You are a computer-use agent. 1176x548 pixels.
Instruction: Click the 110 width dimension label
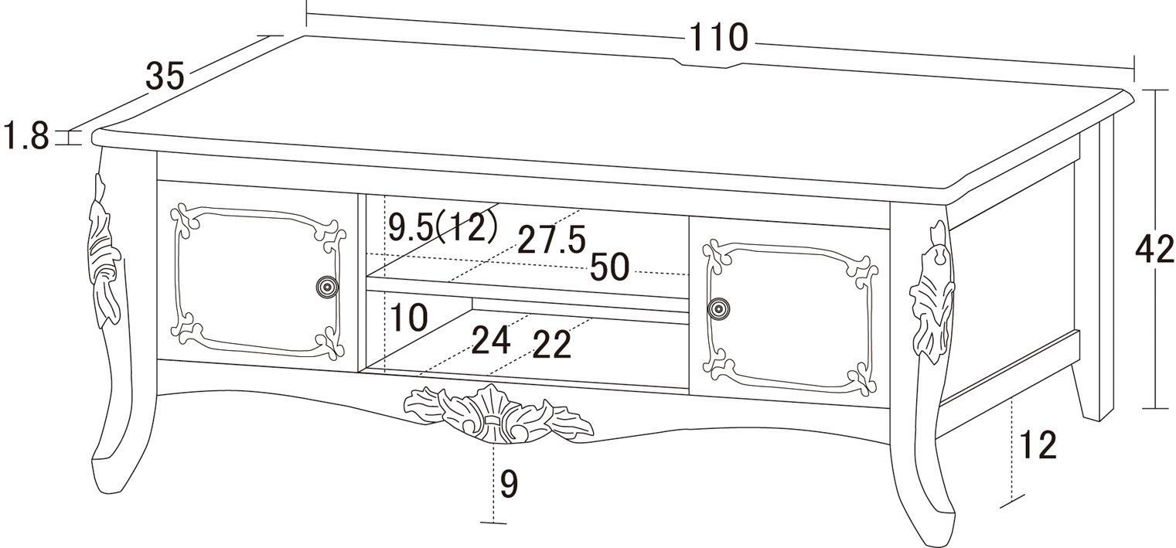(718, 38)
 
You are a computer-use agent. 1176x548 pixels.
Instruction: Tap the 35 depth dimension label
(165, 76)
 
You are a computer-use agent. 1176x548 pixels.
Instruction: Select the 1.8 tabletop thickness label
(26, 135)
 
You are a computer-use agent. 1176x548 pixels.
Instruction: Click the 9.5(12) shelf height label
(442, 228)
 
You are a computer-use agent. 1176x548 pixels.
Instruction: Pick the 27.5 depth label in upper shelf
(552, 240)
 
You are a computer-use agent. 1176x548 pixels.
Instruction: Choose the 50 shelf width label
(609, 267)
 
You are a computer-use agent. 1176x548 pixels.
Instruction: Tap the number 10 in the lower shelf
(409, 318)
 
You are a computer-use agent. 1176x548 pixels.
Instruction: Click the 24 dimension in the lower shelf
(492, 339)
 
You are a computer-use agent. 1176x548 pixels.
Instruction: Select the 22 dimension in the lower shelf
(552, 345)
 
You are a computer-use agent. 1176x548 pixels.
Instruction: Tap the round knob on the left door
(327, 287)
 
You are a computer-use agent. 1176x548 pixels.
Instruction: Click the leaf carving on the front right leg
(932, 294)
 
